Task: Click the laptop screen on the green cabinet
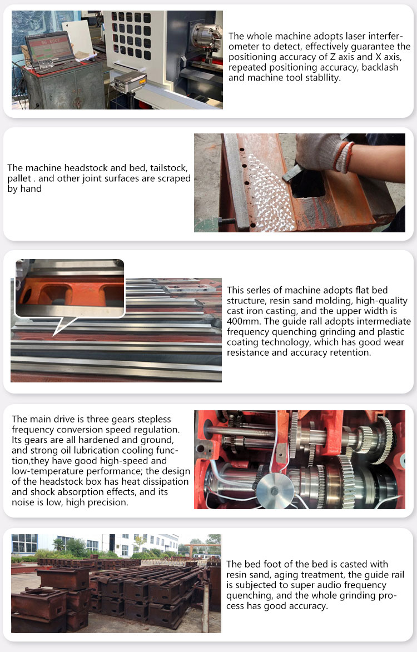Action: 48,47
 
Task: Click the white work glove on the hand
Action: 322,151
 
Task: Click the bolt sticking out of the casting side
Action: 227,220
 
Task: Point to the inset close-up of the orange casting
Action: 70,288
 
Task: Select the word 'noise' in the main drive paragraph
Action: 23,502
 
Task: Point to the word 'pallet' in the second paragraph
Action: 19,179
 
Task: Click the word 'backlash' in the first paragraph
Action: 380,67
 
